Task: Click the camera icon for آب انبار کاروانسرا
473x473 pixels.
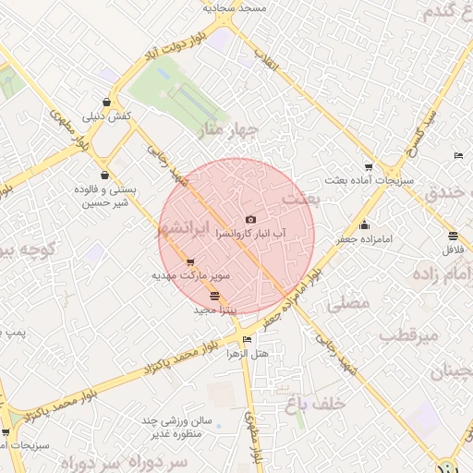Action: click(x=250, y=219)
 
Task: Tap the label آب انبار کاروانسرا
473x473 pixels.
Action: click(x=250, y=235)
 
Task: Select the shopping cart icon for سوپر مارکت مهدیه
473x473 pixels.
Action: click(x=190, y=261)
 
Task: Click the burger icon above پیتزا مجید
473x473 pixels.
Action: click(x=215, y=297)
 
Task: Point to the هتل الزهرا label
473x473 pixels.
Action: click(x=247, y=354)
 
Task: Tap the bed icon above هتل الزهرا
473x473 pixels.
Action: click(x=245, y=339)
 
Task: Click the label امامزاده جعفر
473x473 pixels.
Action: click(x=364, y=239)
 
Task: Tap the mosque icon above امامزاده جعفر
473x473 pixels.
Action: click(x=364, y=224)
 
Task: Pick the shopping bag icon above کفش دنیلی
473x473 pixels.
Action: click(x=109, y=102)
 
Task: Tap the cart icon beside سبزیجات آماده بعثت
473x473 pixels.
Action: click(x=369, y=167)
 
